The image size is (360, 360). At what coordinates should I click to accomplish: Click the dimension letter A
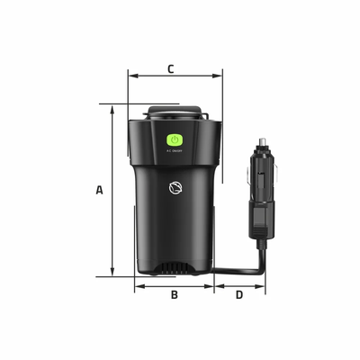click(x=100, y=190)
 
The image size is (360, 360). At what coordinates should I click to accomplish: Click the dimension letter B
click(x=175, y=294)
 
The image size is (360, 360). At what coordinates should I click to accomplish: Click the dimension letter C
click(x=171, y=68)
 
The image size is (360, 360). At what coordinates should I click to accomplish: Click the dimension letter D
click(x=239, y=294)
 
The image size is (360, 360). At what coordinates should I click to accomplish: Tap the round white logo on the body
click(x=175, y=188)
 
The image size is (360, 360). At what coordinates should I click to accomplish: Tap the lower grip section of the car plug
click(x=259, y=220)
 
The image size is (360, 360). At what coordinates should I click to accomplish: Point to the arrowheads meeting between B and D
click(x=214, y=287)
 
